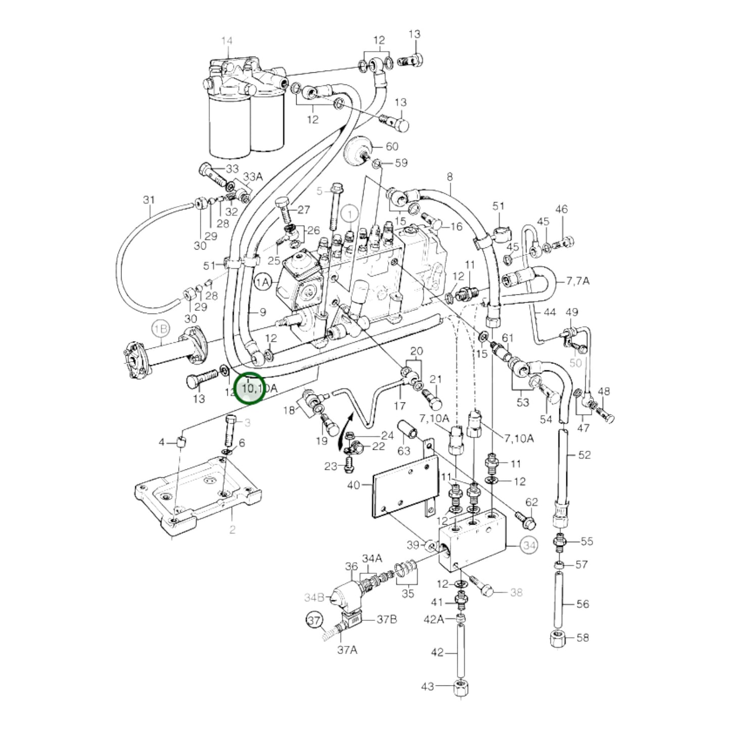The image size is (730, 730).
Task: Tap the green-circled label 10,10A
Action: tap(250, 388)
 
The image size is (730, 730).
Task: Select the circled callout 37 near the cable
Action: tap(315, 620)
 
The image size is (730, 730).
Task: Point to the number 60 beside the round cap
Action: tap(392, 147)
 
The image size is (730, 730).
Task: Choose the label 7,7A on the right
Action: tap(577, 280)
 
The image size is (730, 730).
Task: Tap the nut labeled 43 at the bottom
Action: tap(460, 688)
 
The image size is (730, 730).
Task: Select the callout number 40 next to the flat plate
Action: tap(354, 485)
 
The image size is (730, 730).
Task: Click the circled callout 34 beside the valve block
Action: tap(529, 546)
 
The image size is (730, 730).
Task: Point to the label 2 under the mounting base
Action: tap(232, 529)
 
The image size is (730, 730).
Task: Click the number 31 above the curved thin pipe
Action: tap(149, 200)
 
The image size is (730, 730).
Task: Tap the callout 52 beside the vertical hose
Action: tap(584, 455)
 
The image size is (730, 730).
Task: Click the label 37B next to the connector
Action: tap(386, 620)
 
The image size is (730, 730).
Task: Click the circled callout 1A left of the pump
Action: tap(263, 282)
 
